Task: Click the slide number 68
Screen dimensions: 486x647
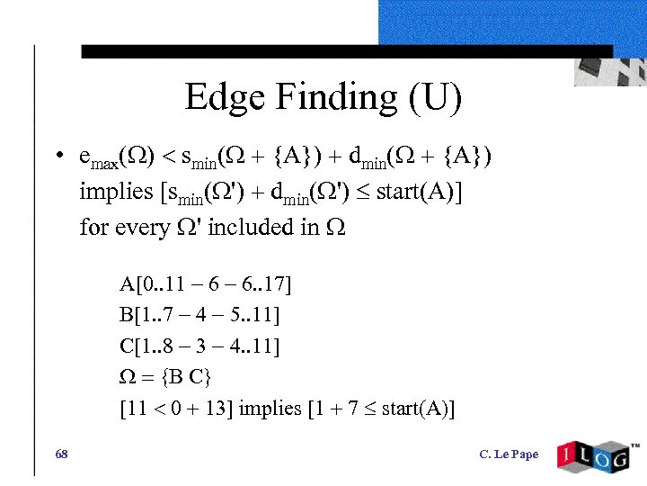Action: pos(61,454)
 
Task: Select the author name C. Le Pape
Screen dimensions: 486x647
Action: pos(509,454)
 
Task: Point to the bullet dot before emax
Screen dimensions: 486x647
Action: pos(57,156)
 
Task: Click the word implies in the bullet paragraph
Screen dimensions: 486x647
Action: pos(116,192)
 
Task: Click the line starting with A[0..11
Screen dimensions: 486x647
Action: pos(206,285)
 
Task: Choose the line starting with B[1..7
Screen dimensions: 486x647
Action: pos(199,316)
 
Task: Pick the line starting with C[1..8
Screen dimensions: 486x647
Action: pos(199,346)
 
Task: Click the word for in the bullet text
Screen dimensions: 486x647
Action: pos(93,227)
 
